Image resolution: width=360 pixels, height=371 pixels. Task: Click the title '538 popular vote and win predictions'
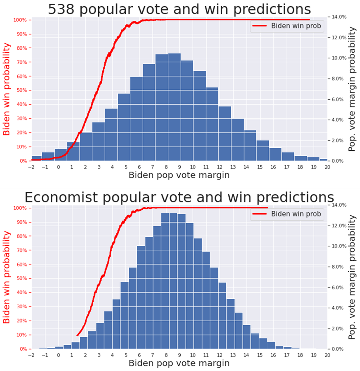point(179,9)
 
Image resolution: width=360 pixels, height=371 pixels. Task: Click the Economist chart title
point(179,197)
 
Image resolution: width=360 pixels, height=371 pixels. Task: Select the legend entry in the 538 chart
point(287,26)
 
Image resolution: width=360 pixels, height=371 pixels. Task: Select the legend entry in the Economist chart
point(287,214)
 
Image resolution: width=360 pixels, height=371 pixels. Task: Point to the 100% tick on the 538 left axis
point(20,20)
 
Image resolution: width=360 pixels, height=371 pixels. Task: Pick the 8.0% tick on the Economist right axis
point(338,267)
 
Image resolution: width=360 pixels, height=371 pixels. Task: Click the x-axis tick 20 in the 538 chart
point(327,167)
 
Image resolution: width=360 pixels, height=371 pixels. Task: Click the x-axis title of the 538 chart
point(179,175)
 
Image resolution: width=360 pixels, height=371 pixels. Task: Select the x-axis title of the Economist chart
point(179,363)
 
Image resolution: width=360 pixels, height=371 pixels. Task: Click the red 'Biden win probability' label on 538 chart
point(7,90)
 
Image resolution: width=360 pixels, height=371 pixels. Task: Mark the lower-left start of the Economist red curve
point(77,335)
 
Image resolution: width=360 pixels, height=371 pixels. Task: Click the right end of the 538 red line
point(309,20)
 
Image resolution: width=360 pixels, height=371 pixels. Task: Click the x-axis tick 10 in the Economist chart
point(193,356)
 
